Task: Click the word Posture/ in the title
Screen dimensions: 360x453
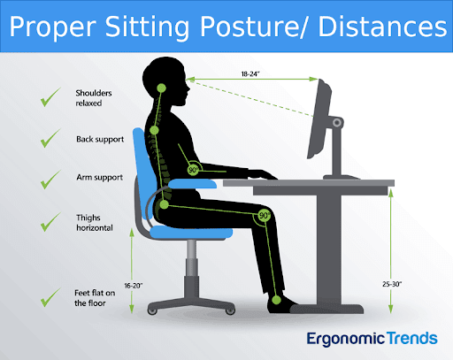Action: tap(258, 29)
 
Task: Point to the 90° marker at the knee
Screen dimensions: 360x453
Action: tap(264, 215)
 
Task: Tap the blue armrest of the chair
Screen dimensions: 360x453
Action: tap(193, 183)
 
